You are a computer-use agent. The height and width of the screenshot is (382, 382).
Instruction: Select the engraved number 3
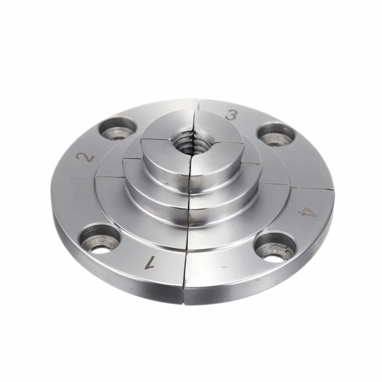[231, 115]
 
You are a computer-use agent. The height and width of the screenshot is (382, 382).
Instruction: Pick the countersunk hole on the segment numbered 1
[100, 239]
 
